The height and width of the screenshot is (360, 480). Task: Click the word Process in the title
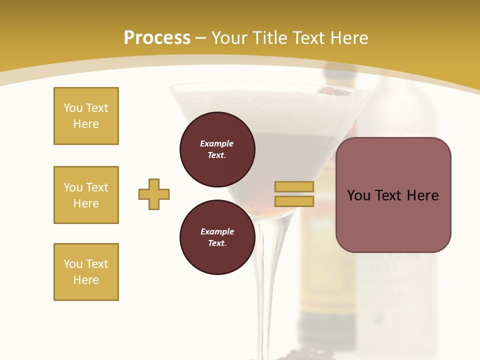(157, 38)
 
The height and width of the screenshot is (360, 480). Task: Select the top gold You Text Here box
(86, 116)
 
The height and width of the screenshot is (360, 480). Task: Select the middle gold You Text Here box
(86, 195)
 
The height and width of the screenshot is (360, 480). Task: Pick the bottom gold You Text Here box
(86, 272)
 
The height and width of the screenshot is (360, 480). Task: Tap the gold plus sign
(154, 194)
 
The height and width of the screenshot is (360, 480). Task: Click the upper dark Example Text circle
(217, 149)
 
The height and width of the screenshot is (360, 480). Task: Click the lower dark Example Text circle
(217, 237)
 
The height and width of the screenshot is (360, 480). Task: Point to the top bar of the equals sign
(294, 186)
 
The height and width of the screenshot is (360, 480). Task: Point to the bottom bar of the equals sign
(294, 201)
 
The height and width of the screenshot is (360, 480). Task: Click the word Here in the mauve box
(422, 195)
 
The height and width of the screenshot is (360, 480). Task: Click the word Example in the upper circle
(217, 143)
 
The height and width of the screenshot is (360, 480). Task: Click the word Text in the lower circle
(217, 243)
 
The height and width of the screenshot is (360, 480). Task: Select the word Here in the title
(348, 38)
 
